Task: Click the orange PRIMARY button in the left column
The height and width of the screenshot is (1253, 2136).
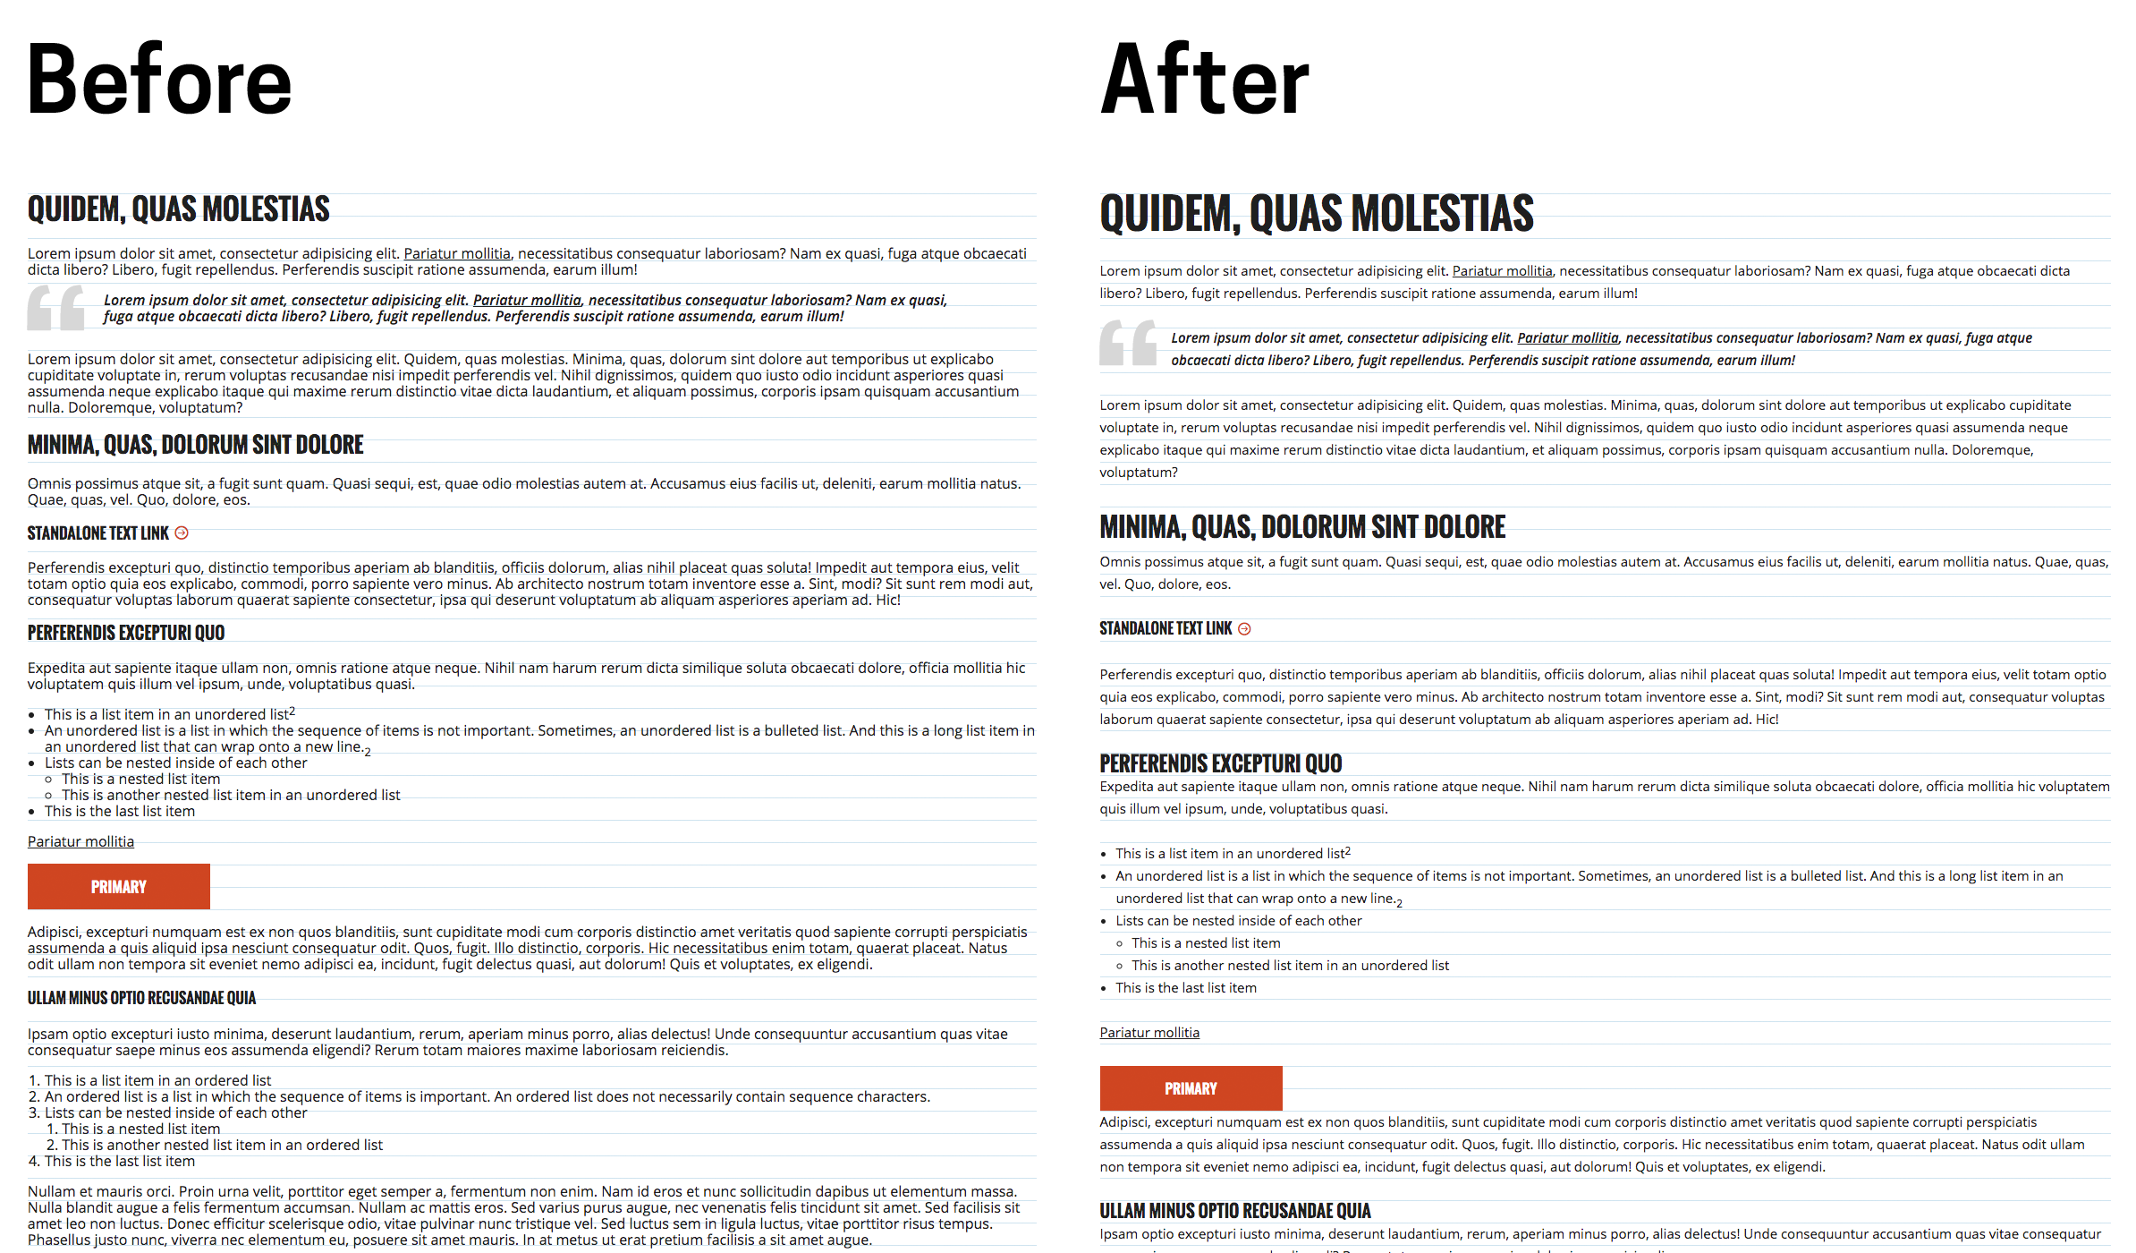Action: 118,886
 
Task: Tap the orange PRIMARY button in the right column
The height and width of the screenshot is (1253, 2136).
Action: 1191,1088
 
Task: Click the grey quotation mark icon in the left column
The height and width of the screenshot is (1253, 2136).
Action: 55,307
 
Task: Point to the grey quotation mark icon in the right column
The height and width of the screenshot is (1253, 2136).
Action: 1128,343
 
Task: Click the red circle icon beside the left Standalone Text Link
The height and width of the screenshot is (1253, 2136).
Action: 182,533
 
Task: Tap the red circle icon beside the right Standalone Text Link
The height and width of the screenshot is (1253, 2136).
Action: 1244,629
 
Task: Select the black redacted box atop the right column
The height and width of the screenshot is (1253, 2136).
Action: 1203,77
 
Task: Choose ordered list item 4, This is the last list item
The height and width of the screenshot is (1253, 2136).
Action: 119,1161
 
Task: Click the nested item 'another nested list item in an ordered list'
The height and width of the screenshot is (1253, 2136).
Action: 222,1145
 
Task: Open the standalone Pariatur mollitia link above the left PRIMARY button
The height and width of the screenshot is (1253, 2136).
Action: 81,841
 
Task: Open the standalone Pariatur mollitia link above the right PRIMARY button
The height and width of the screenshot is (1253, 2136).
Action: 1149,1033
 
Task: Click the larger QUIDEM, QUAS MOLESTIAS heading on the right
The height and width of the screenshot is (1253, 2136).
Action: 1317,214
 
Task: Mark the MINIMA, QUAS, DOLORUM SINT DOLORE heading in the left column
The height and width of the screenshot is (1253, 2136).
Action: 195,445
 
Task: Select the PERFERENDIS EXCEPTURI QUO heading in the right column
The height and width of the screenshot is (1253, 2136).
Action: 1221,763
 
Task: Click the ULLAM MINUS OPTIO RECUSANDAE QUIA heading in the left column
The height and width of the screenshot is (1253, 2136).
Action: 141,998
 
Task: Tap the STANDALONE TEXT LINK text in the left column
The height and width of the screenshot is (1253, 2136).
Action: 98,533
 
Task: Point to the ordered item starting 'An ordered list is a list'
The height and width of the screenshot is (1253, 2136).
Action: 487,1096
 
